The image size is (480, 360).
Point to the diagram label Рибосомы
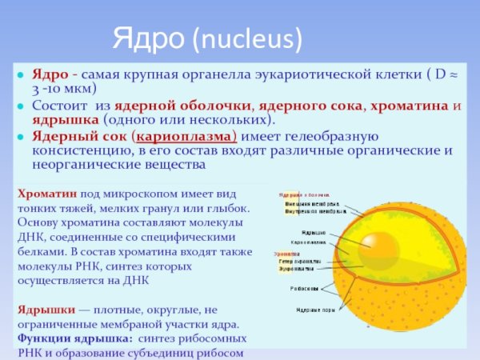click(304, 288)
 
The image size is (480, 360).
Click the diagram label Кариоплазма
click(308, 241)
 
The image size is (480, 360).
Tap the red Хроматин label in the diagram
click(292, 252)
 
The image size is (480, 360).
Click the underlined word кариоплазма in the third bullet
click(184, 136)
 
